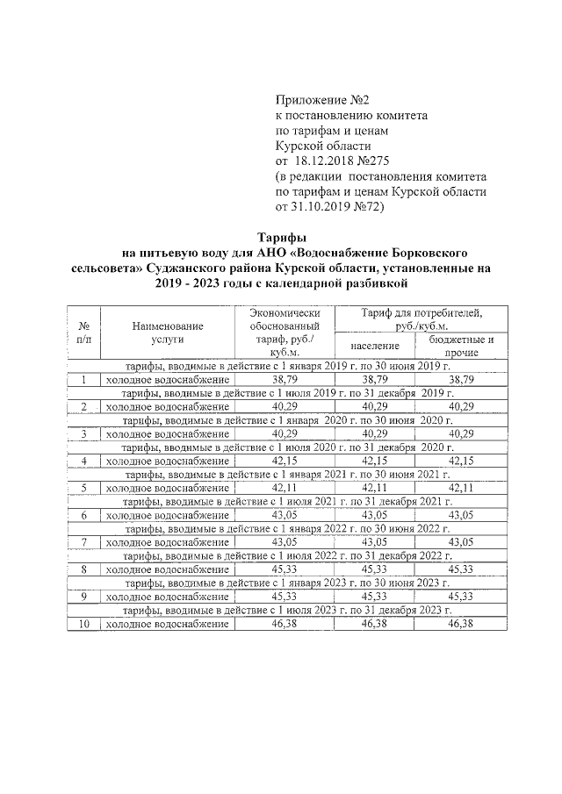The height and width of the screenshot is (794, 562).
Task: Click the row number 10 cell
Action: [84, 624]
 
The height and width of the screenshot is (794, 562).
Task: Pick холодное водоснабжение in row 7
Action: [167, 542]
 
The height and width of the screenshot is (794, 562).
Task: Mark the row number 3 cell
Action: [84, 433]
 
